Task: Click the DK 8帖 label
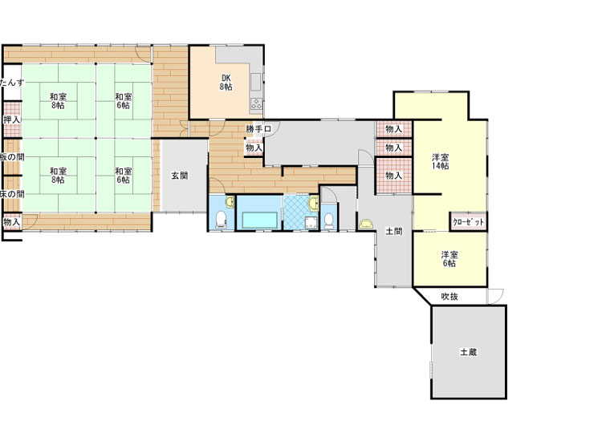coord(226,83)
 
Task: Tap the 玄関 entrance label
coord(179,176)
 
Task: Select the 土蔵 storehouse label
coord(469,352)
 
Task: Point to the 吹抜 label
coord(449,297)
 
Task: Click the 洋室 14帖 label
coord(441,161)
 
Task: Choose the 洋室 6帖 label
coord(449,259)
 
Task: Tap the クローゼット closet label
coord(468,221)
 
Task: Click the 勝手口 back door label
coord(258,129)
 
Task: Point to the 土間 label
coord(393,231)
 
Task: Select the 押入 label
coord(11,119)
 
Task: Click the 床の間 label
coord(12,194)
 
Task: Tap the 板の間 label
coord(12,156)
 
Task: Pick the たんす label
coord(12,83)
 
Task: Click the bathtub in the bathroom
coord(259,220)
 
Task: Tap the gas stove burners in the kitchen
coord(257,103)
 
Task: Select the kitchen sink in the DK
coord(256,82)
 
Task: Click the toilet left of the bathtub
coord(221,219)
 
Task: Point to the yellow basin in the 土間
coord(366,224)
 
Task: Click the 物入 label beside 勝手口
coord(254,148)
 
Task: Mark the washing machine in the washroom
coord(311,222)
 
